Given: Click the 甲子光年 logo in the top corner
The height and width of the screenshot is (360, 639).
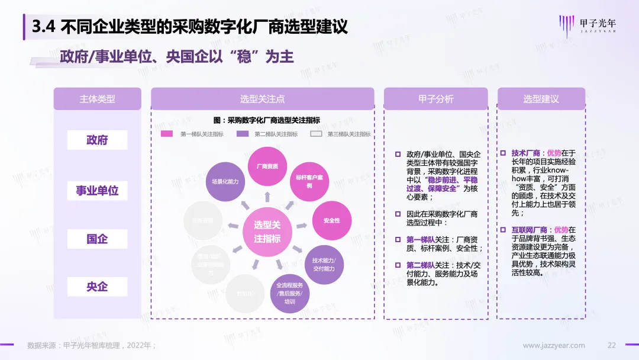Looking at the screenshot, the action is [587, 25].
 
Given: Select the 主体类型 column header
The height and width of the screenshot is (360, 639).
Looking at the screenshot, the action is [98, 99].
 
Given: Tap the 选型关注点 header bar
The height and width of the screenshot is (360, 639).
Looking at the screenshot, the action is [263, 99].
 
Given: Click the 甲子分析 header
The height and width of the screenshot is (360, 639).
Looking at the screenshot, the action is [436, 99].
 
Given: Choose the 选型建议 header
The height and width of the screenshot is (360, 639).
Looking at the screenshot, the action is [541, 99].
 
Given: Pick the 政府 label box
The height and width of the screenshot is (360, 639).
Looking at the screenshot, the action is [98, 140].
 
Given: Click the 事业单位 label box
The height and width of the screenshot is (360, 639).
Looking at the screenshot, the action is [98, 190].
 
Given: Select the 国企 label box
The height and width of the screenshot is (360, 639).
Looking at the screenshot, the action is [98, 239].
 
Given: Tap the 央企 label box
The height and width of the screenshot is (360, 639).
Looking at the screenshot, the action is [98, 287].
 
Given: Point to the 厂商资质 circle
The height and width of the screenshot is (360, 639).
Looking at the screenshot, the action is [267, 166].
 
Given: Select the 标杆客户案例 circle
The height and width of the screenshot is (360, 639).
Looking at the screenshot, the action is [309, 181].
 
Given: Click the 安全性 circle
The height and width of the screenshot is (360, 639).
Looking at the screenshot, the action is [331, 220].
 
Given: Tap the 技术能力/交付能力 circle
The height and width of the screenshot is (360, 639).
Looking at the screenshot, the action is [324, 265].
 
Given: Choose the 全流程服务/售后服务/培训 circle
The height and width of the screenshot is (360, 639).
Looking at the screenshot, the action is [289, 293].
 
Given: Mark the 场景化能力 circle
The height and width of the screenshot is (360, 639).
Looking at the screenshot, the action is [225, 181].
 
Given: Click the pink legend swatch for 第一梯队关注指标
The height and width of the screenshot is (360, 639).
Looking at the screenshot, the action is [167, 134].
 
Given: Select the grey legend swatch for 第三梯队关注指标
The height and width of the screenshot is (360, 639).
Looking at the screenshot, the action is [317, 134].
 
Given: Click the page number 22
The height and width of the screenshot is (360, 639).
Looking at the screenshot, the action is [612, 345].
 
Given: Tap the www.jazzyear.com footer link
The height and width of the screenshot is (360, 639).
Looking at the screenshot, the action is [554, 345].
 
